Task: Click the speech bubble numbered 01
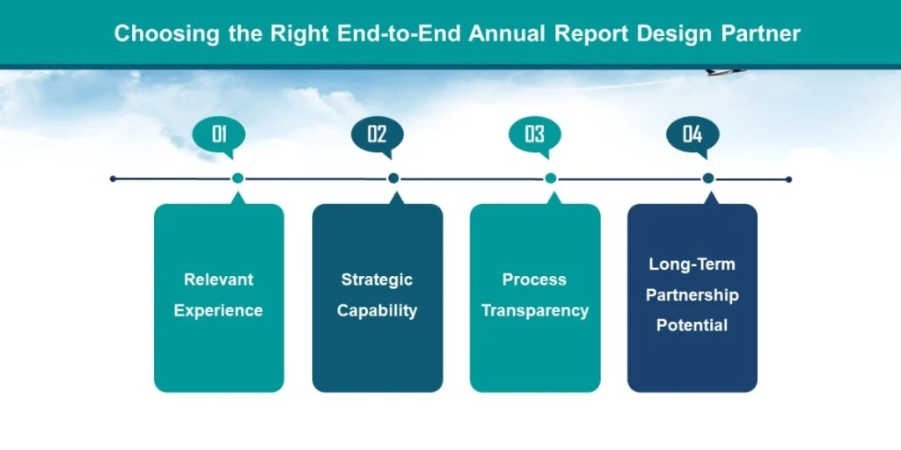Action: [x=219, y=134]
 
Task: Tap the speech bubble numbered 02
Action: [x=377, y=134]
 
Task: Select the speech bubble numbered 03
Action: [x=534, y=134]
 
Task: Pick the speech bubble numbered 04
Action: [x=692, y=134]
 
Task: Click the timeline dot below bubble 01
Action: [x=238, y=178]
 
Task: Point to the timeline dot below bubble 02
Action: [x=393, y=178]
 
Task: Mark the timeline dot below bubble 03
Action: [x=551, y=178]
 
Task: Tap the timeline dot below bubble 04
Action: [x=708, y=178]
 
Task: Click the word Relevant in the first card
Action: [x=218, y=279]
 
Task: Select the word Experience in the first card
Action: [x=218, y=310]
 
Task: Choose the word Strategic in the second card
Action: [x=377, y=279]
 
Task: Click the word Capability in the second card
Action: [x=377, y=310]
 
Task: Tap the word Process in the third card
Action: [x=534, y=279]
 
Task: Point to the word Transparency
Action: [x=534, y=310]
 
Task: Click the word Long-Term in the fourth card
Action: [x=692, y=264]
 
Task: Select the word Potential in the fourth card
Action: [x=692, y=325]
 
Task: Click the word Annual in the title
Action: [x=508, y=34]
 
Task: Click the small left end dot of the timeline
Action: [x=113, y=178]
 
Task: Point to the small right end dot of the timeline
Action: [x=788, y=179]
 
